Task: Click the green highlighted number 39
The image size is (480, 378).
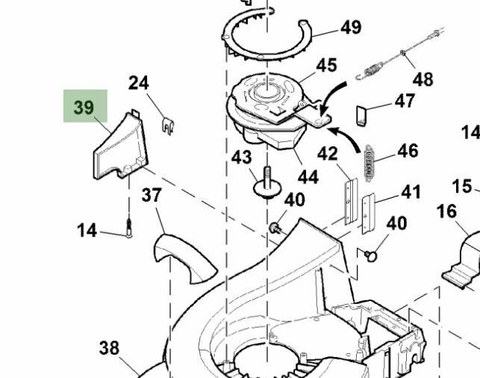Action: (x=84, y=108)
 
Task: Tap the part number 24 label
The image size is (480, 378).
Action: (x=138, y=83)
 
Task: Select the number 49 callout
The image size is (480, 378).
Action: (x=350, y=28)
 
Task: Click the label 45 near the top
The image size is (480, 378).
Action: (x=325, y=65)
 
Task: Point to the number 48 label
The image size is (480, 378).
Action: (x=423, y=79)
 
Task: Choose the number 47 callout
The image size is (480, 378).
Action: (x=404, y=101)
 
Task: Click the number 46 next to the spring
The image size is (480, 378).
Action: (x=408, y=151)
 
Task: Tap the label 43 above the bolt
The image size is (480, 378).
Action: (x=241, y=158)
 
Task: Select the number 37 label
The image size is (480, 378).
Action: (x=152, y=196)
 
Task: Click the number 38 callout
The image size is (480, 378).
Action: (x=109, y=347)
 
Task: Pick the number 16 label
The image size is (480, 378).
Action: (x=446, y=211)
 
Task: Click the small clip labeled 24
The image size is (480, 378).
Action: (x=169, y=124)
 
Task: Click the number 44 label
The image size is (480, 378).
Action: (x=308, y=177)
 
